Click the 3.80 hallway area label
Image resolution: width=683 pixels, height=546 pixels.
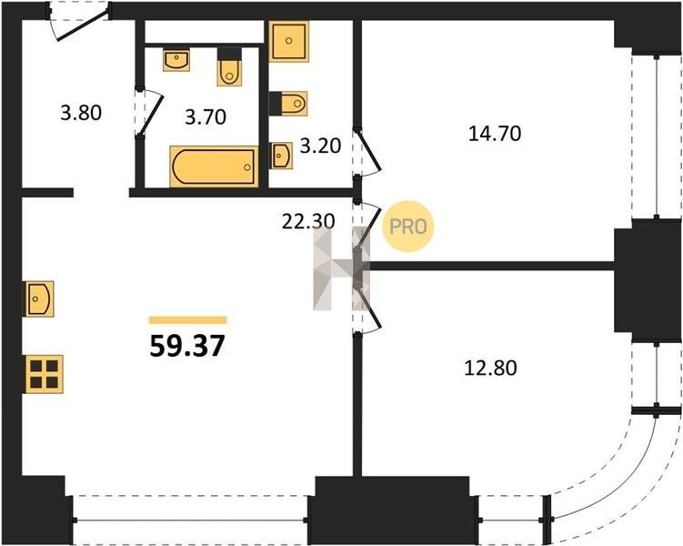(x=81, y=113)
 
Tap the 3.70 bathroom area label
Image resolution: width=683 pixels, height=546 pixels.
(x=206, y=117)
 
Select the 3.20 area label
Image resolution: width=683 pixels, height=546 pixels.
(x=321, y=146)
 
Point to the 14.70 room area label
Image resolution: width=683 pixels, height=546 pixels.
(x=495, y=134)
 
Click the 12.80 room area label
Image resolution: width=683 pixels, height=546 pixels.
(x=491, y=369)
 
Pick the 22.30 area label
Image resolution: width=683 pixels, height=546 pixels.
(x=308, y=221)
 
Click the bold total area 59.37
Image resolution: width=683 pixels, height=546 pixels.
(x=187, y=346)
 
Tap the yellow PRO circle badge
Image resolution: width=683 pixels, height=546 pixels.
(x=408, y=227)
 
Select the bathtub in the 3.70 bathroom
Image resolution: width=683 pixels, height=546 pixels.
(x=214, y=167)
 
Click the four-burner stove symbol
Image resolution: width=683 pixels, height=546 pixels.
(x=45, y=374)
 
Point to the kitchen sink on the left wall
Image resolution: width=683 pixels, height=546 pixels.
(x=40, y=298)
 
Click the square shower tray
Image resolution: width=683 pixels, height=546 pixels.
(x=289, y=41)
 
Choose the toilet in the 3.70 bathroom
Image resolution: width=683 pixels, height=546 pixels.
(x=229, y=67)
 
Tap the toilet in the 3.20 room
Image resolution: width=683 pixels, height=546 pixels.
(x=288, y=104)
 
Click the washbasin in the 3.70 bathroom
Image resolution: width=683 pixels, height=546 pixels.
(x=176, y=60)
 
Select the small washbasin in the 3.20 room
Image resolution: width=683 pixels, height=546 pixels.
(x=281, y=156)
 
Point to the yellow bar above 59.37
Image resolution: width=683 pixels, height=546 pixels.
(x=187, y=320)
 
